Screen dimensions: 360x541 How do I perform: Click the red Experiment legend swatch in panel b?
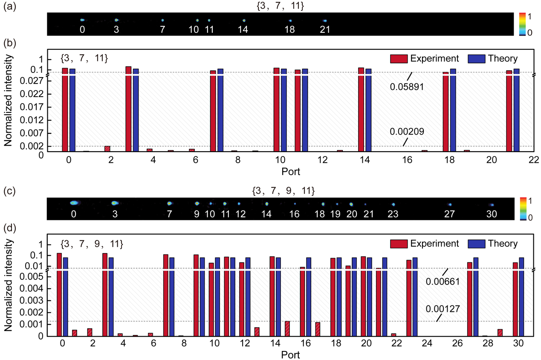(x=398, y=58)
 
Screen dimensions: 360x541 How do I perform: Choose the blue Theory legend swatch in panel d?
(x=477, y=244)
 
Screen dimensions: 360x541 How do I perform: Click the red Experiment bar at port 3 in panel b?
(x=128, y=109)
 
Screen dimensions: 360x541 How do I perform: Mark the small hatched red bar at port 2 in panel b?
(x=107, y=149)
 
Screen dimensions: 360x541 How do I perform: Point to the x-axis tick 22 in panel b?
(x=534, y=160)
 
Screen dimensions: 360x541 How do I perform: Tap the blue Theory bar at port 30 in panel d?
(x=521, y=297)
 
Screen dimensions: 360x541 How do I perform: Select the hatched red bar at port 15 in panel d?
(x=287, y=328)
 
